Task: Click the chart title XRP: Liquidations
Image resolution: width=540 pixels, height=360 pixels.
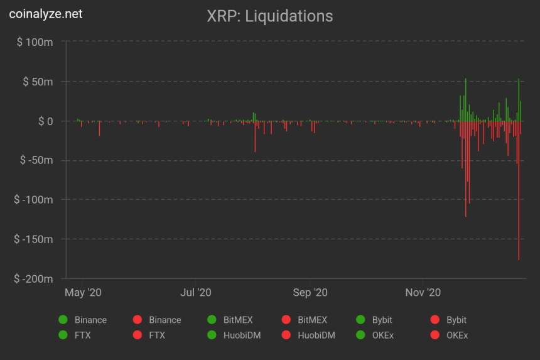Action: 270,16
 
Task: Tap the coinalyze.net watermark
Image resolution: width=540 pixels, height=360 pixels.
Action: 46,13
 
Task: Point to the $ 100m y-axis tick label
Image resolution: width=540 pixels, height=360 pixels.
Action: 35,42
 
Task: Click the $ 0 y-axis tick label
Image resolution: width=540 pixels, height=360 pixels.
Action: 42,121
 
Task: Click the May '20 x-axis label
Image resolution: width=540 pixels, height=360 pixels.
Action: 83,293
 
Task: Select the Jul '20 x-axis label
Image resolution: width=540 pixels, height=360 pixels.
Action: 196,293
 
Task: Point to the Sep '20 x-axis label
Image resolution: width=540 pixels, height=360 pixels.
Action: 310,293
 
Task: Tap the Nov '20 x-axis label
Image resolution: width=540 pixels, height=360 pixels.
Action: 423,293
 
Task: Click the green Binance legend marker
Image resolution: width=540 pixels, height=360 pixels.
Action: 63,320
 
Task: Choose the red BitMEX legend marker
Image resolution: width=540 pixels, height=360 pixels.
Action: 286,320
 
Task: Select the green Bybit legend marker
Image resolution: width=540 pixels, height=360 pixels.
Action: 360,320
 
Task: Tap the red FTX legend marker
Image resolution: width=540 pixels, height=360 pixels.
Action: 138,335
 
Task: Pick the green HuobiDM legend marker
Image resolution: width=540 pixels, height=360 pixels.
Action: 212,335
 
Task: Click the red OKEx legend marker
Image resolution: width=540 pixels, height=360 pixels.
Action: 435,335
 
